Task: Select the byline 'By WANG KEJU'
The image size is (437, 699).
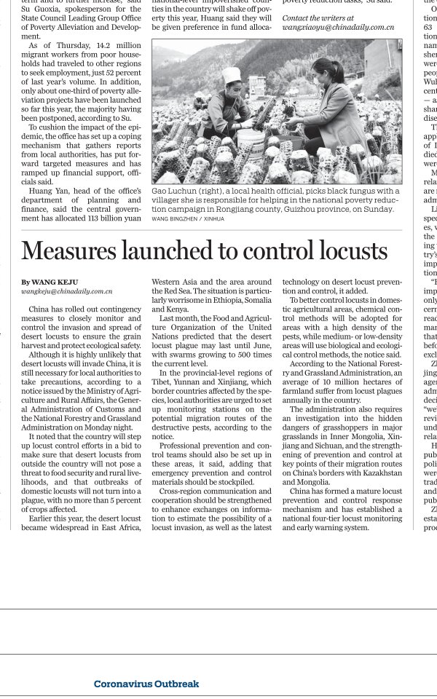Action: [50, 283]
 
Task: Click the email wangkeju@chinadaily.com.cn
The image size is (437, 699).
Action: [67, 291]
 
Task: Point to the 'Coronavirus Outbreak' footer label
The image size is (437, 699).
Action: [146, 684]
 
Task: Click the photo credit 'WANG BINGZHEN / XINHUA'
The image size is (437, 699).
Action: [188, 218]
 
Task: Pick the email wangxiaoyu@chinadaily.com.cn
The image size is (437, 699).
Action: [338, 27]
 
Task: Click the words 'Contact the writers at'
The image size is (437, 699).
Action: [318, 17]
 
